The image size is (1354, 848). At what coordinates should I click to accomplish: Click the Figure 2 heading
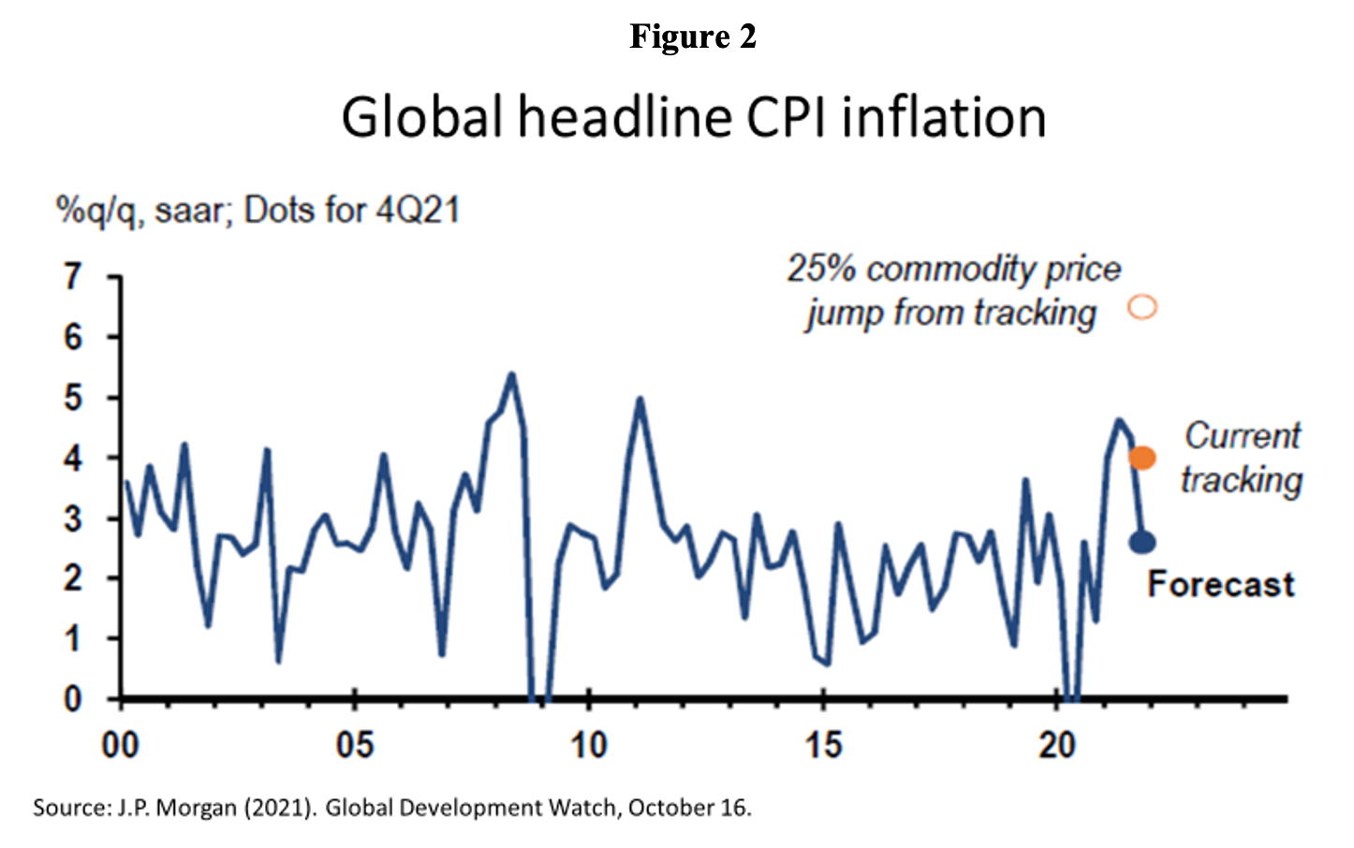click(692, 37)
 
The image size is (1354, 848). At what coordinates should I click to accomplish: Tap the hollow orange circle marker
click(1142, 307)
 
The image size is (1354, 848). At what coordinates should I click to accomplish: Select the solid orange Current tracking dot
click(1142, 458)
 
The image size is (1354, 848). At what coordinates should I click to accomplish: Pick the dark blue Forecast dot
click(1142, 542)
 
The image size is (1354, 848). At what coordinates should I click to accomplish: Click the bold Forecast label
click(1221, 584)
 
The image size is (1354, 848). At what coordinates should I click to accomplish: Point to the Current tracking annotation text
click(1242, 458)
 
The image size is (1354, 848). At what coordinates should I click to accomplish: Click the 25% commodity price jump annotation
click(952, 291)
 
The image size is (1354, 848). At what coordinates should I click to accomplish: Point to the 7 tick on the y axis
click(73, 277)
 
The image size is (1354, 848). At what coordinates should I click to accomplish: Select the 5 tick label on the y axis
click(73, 398)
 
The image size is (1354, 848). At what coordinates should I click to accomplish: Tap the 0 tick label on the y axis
click(73, 699)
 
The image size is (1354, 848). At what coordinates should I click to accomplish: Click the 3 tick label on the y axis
click(73, 519)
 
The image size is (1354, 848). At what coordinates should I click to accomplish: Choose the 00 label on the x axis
click(120, 746)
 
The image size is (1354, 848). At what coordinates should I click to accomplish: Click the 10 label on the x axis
click(588, 746)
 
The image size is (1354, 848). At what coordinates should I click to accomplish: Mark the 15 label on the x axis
click(823, 746)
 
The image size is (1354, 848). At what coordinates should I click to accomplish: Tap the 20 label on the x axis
click(1057, 746)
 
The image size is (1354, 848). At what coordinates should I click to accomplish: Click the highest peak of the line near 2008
click(511, 374)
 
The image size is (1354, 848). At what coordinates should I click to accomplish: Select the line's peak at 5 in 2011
click(640, 399)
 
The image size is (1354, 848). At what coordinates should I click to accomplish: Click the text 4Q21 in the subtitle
click(418, 211)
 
